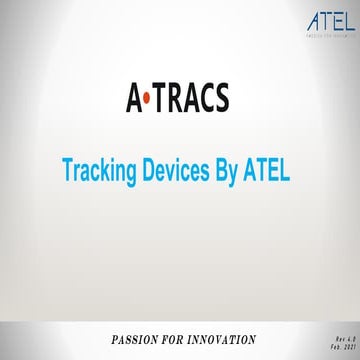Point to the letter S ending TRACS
pos(220,97)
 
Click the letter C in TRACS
pos(206,97)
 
